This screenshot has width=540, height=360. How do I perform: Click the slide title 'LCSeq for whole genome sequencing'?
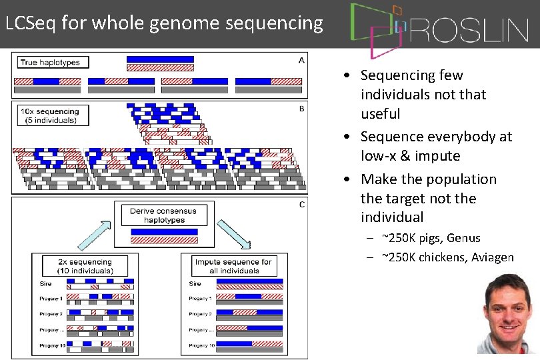[x=163, y=23]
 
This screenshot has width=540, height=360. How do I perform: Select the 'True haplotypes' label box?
[x=50, y=63]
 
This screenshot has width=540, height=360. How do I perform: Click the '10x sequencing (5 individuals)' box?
[x=49, y=116]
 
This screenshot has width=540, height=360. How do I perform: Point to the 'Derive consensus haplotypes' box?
[x=163, y=215]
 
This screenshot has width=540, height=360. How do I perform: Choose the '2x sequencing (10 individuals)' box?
[x=85, y=266]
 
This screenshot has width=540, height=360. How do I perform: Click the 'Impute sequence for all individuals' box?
[x=233, y=266]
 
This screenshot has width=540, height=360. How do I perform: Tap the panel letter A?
[x=301, y=60]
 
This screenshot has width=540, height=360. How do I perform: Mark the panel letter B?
[x=301, y=108]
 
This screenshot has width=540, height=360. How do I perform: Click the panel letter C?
[x=301, y=205]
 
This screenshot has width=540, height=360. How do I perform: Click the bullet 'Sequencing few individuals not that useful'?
[x=423, y=95]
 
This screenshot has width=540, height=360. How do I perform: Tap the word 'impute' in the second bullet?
[x=437, y=156]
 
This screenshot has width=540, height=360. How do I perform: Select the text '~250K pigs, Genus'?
[x=431, y=238]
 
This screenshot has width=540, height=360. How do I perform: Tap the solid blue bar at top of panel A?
[x=160, y=59]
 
